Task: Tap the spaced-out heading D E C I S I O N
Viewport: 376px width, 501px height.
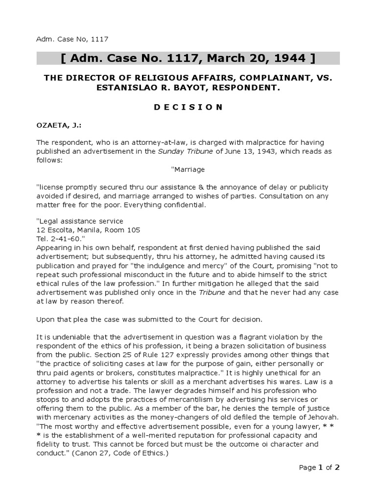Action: click(x=188, y=107)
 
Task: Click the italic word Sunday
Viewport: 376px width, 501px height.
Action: click(x=170, y=151)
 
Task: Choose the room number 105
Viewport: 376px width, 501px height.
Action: click(x=131, y=229)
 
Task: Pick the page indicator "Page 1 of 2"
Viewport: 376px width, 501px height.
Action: click(x=319, y=467)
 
